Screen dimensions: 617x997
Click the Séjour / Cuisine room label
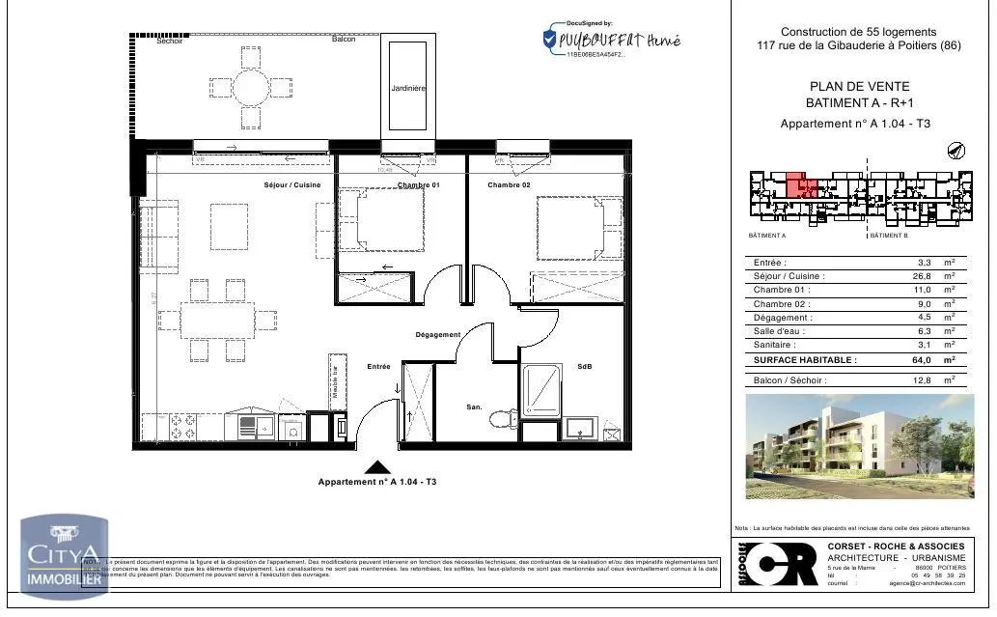pos(291,184)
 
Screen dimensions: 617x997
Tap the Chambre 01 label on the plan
pos(418,184)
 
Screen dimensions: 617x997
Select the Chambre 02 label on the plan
pos(510,184)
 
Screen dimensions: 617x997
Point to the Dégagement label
pos(437,335)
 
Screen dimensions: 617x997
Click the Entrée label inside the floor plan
pos(378,367)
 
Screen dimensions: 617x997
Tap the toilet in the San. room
pos(501,418)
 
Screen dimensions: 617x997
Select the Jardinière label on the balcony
pos(408,88)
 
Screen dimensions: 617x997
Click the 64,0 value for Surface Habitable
pos(923,360)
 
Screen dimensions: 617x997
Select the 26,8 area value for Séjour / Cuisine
pos(923,276)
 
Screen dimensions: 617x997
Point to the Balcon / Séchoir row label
pos(789,381)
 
